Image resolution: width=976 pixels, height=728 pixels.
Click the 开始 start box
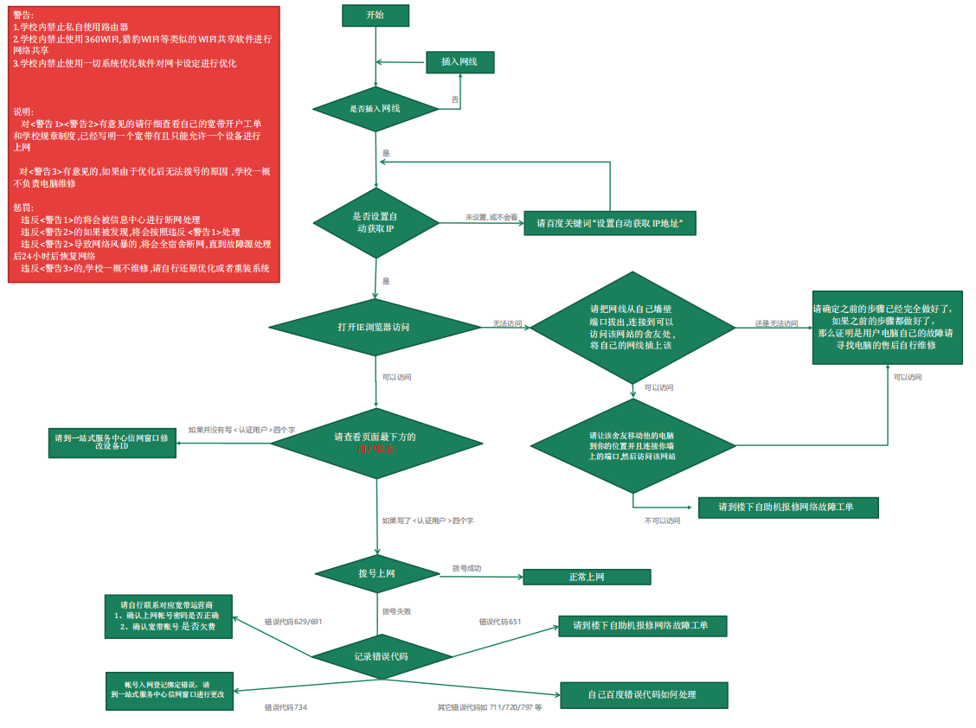tap(375, 16)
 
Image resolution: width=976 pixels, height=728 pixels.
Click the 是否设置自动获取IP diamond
tap(376, 223)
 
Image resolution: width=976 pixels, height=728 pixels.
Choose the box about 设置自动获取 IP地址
tap(610, 223)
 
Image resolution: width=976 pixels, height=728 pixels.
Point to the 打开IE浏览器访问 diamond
tap(375, 328)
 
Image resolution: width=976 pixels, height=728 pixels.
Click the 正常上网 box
tap(587, 578)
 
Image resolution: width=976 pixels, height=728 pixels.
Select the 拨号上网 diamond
tap(377, 573)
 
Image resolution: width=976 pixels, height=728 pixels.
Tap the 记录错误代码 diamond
tap(381, 657)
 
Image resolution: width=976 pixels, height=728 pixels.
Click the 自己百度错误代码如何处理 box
tap(644, 695)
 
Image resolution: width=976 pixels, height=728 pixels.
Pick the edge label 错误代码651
tap(501, 622)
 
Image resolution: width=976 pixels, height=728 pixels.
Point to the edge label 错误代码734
tap(286, 707)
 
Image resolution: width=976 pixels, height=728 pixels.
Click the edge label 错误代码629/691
tap(293, 622)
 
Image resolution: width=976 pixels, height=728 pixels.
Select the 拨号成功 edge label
tap(466, 568)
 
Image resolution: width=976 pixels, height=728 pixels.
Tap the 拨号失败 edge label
tap(396, 611)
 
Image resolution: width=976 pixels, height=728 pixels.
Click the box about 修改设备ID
tap(112, 443)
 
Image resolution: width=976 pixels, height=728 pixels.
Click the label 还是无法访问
tap(776, 323)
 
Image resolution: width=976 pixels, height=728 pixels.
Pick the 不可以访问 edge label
tap(662, 520)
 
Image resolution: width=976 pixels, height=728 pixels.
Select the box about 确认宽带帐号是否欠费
tap(168, 616)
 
